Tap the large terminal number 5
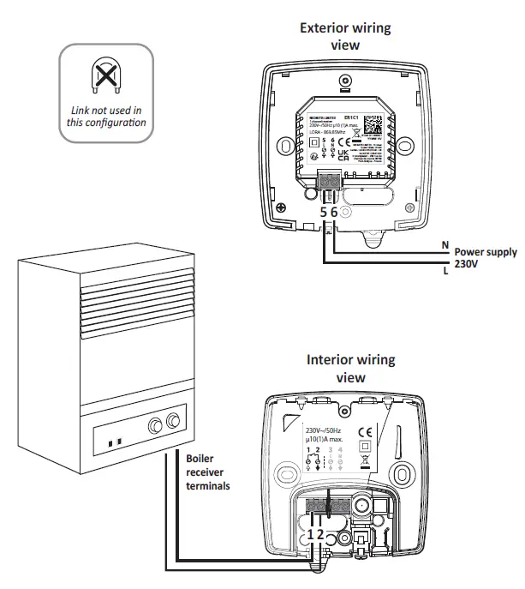324,212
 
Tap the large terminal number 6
335,212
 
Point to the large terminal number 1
311,533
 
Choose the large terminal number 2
321,533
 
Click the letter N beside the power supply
444,244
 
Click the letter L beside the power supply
444,271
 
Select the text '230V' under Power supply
468,265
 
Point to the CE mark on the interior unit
363,432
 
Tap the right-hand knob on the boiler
175,421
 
